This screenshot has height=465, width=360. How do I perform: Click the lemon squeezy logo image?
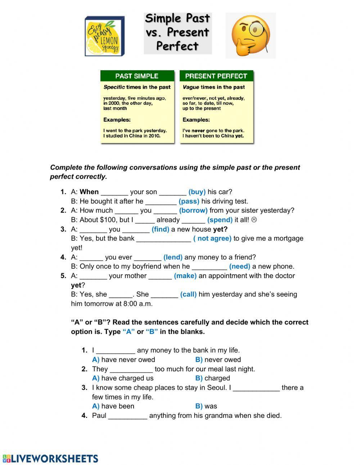(x=105, y=36)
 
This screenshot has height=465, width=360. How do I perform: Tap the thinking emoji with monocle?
(x=251, y=35)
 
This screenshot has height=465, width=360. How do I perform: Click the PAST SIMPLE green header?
(x=137, y=76)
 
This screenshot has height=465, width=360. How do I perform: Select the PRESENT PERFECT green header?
(x=216, y=76)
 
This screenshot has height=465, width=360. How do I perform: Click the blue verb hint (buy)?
(x=197, y=192)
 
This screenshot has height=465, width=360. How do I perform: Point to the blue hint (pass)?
(x=189, y=201)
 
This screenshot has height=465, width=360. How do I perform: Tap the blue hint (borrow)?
(x=193, y=210)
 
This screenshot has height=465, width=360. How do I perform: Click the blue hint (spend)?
(x=220, y=220)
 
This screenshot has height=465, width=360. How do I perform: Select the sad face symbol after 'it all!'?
(x=254, y=220)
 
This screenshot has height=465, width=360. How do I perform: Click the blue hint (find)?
(x=160, y=229)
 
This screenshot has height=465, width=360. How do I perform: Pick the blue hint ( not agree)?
(x=212, y=238)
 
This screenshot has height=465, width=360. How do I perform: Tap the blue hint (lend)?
(x=173, y=257)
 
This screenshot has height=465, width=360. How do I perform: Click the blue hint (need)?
(x=239, y=267)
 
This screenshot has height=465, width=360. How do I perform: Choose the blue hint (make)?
(x=185, y=276)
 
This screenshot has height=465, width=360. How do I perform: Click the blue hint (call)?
(x=188, y=294)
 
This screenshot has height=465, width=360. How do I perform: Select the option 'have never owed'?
(x=128, y=359)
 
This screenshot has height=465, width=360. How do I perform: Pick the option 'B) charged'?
(x=212, y=378)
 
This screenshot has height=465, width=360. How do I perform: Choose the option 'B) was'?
(x=206, y=406)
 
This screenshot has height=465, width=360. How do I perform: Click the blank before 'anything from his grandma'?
(x=127, y=416)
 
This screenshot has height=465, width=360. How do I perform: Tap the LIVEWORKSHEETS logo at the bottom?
(x=50, y=459)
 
